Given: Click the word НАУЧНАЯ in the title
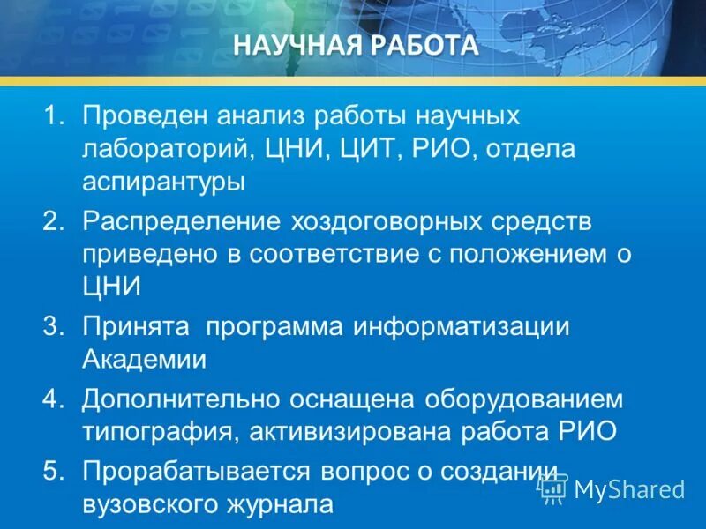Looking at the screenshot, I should click(293, 45).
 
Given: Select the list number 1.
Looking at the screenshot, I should click(56, 115).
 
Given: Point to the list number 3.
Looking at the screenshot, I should click(56, 326).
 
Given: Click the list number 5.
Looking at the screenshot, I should click(56, 471).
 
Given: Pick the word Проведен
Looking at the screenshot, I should click(146, 115).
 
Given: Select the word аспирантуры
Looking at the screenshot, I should click(163, 183).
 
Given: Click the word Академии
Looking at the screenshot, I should click(145, 360).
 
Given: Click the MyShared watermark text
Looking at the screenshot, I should click(628, 488).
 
